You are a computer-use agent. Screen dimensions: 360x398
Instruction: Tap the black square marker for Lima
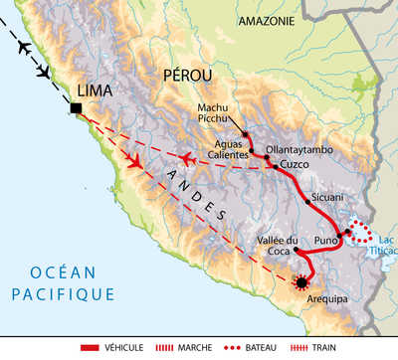[x=77, y=107]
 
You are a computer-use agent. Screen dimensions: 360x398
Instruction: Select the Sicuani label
[x=327, y=197]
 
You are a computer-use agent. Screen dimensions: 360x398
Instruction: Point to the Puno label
[x=326, y=240]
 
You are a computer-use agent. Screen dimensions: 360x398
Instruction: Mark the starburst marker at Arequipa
[x=301, y=283]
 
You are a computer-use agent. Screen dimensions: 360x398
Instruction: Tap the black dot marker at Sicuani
[x=306, y=202]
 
